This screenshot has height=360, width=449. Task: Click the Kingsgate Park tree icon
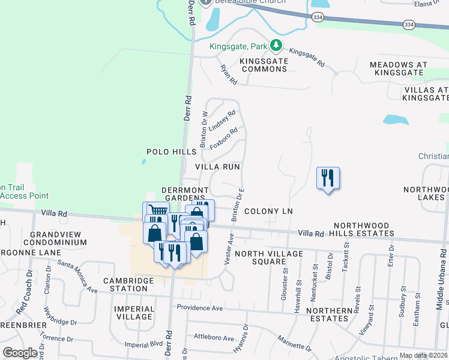pyautogui.click(x=276, y=45)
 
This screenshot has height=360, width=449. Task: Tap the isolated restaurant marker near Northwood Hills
pyautogui.click(x=328, y=178)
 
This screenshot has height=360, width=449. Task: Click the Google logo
pyautogui.click(x=20, y=352)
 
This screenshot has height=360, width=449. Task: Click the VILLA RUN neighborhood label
pyautogui.click(x=218, y=166)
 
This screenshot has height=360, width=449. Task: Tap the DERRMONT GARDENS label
pyautogui.click(x=184, y=194)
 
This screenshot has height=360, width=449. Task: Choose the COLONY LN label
pyautogui.click(x=268, y=212)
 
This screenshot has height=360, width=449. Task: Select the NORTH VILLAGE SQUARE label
pyautogui.click(x=268, y=257)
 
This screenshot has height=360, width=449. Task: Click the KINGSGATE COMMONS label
pyautogui.click(x=264, y=65)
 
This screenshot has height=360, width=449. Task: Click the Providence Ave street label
pyautogui.click(x=200, y=308)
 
